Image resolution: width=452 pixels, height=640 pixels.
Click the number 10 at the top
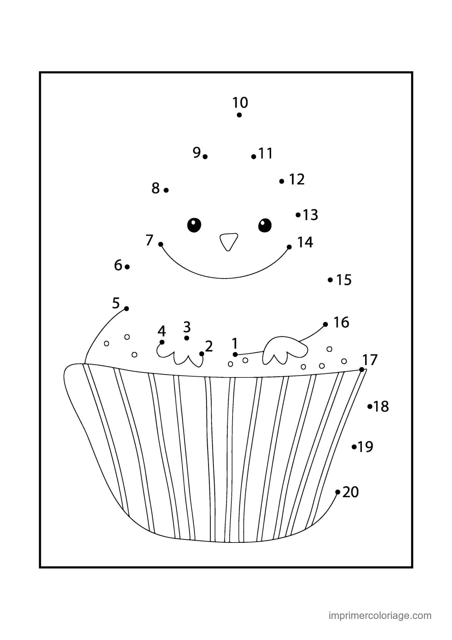tap(240, 103)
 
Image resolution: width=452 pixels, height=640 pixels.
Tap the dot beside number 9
tap(205, 157)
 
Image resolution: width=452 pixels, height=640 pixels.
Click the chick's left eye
tap(194, 225)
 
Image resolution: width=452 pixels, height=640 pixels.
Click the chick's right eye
tap(265, 225)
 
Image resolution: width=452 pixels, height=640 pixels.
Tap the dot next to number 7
tap(161, 244)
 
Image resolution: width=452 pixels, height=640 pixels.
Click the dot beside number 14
tap(289, 247)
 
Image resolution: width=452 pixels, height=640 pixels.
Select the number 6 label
tap(118, 265)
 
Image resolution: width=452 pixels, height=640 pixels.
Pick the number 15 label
tap(344, 280)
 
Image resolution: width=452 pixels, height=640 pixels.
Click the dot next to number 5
tap(126, 309)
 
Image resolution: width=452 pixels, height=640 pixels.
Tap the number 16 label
tap(341, 322)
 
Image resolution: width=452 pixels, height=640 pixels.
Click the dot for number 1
tap(235, 355)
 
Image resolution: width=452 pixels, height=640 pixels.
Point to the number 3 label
tap(187, 327)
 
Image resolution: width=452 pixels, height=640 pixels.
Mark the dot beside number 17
tap(362, 370)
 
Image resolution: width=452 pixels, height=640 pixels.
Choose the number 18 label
tap(381, 406)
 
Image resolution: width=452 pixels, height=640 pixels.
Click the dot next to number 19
tap(354, 447)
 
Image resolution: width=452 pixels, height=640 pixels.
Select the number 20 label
tap(350, 492)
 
